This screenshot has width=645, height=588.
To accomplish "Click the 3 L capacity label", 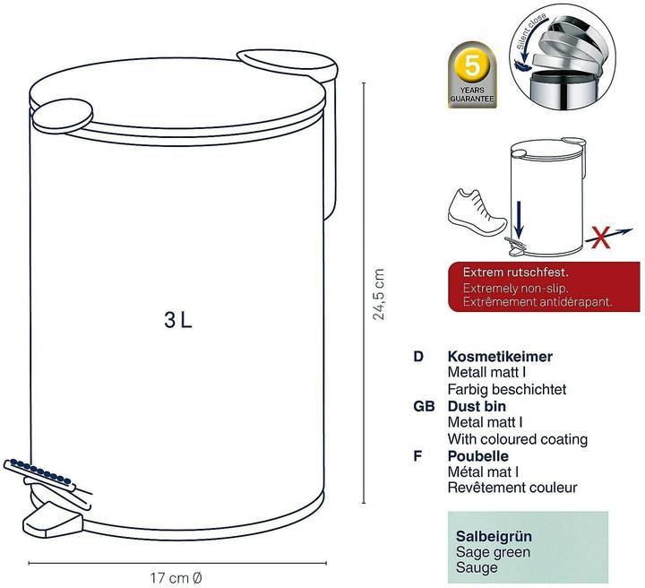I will (x=178, y=320).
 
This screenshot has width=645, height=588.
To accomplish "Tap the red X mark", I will (x=599, y=238).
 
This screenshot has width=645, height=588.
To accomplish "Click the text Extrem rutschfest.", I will (x=515, y=272).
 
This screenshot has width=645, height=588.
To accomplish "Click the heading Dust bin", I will (x=478, y=406).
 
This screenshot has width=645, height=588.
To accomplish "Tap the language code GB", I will (x=424, y=406).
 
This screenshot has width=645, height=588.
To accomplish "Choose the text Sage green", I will (x=494, y=552).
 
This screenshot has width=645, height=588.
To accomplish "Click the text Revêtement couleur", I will (x=512, y=489).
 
